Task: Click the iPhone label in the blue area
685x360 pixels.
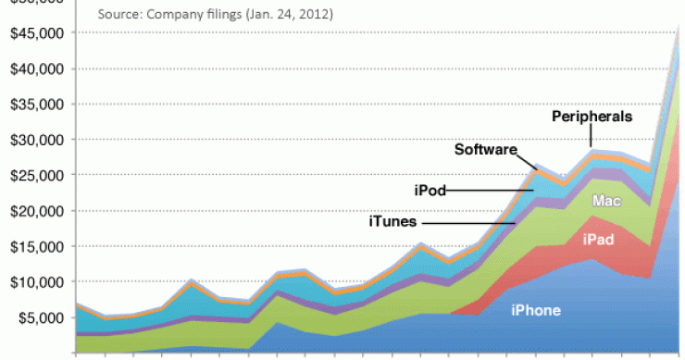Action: pyautogui.click(x=535, y=310)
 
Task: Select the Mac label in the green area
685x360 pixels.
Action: pyautogui.click(x=606, y=200)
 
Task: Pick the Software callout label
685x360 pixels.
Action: pyautogui.click(x=485, y=149)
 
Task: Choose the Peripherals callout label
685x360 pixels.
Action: pyautogui.click(x=592, y=117)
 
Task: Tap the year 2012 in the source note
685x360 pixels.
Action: pyautogui.click(x=313, y=16)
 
